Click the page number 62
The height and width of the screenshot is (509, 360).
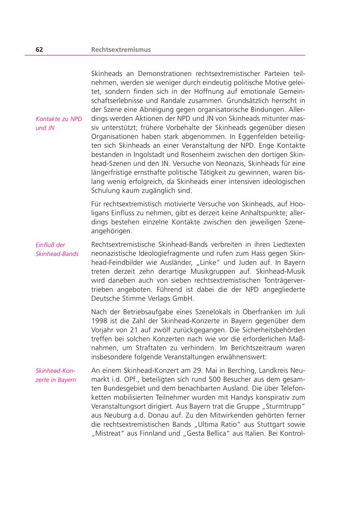coord(39,50)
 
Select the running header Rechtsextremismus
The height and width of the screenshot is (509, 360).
coord(121,50)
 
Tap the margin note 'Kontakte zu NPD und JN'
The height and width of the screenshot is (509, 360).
coord(58,124)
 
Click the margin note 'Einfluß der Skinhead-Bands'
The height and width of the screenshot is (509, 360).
coord(57,250)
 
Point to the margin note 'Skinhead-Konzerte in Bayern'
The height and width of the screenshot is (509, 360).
coord(56,375)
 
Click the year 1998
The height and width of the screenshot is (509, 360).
coord(99,321)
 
